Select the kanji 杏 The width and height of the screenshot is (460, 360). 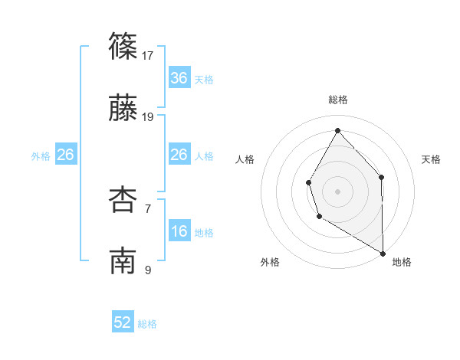[123, 201]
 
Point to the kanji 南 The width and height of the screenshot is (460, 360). [123, 261]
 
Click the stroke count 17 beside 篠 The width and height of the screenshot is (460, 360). [149, 55]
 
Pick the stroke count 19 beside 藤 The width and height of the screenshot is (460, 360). [149, 116]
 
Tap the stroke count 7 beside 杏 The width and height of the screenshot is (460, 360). [148, 208]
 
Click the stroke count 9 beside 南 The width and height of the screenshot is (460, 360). [148, 270]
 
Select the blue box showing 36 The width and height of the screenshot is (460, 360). [179, 78]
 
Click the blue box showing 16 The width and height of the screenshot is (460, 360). [179, 231]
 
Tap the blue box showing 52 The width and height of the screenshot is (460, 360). [123, 322]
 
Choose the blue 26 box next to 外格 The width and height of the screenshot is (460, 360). [65, 155]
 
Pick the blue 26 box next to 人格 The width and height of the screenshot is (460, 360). [179, 155]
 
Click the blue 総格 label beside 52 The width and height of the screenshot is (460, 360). [147, 324]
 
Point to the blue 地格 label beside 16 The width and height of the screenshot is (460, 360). [204, 232]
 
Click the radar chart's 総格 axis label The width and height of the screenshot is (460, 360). [337, 100]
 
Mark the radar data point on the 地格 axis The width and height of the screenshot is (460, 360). [383, 253]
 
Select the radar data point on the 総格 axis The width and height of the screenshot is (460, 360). [337, 129]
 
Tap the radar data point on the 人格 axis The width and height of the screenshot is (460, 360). [308, 182]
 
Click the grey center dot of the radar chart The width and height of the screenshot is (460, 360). [337, 191]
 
